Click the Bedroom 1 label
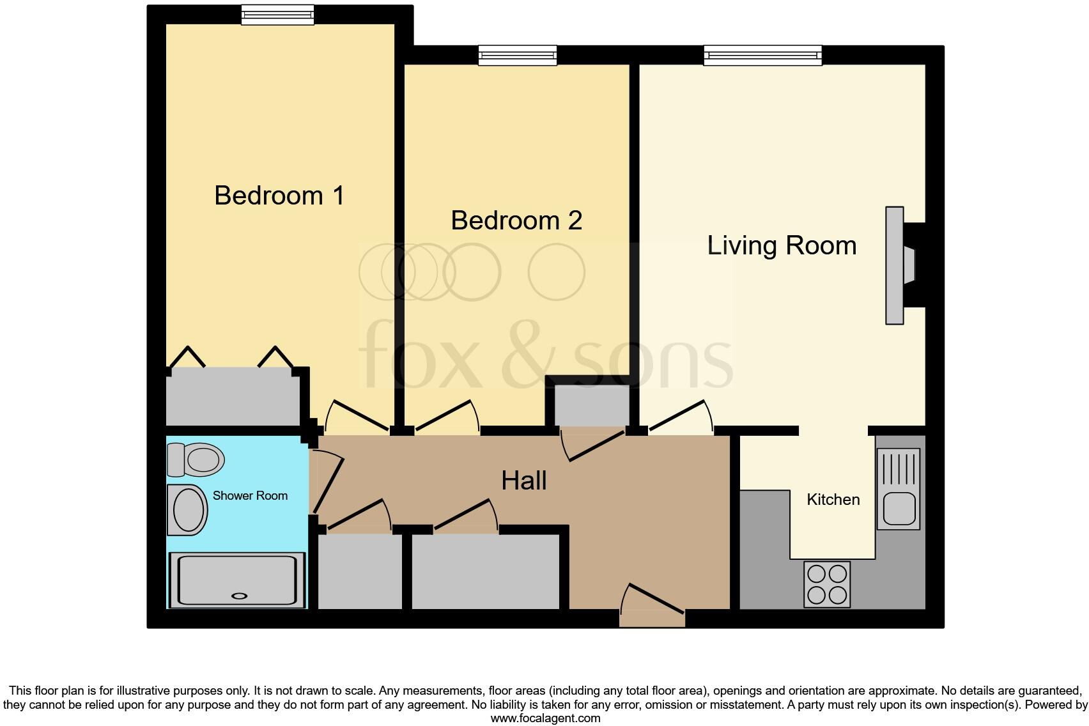279,196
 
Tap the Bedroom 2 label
516,220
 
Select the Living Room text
781,245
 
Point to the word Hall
523,481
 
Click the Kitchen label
833,500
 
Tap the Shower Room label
250,496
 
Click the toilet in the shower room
196,460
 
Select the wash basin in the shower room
187,510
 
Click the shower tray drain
239,596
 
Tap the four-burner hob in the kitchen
828,584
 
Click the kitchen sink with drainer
899,489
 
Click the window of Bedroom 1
277,15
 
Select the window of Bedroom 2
518,56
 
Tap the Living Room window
762,56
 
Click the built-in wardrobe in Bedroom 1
233,396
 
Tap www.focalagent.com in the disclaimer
545,718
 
